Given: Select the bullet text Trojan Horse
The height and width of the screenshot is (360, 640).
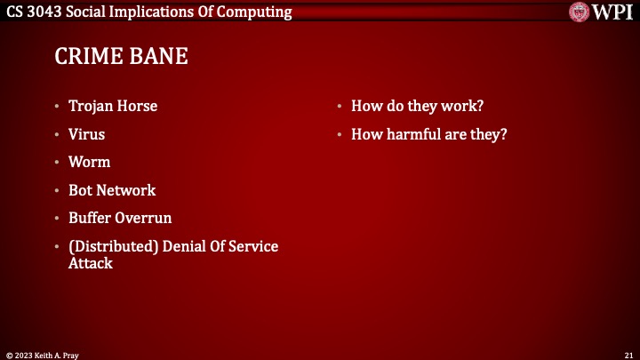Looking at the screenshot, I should (x=113, y=106).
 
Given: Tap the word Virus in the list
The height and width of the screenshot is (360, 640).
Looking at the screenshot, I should (x=86, y=134).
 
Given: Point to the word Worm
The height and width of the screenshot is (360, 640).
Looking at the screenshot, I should (x=89, y=163).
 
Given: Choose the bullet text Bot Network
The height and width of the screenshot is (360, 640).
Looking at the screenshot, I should (x=112, y=190).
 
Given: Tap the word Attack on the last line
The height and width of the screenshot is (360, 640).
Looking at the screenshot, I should (x=91, y=263).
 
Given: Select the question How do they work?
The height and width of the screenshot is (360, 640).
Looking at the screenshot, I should (x=417, y=106).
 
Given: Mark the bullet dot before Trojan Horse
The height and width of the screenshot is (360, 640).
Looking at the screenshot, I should (x=58, y=107).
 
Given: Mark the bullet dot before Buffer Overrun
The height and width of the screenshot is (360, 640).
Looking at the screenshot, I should (x=58, y=219).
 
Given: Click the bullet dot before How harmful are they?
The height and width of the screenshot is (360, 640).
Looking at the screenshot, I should (x=340, y=135).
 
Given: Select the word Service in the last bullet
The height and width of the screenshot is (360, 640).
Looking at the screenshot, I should (x=252, y=246).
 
